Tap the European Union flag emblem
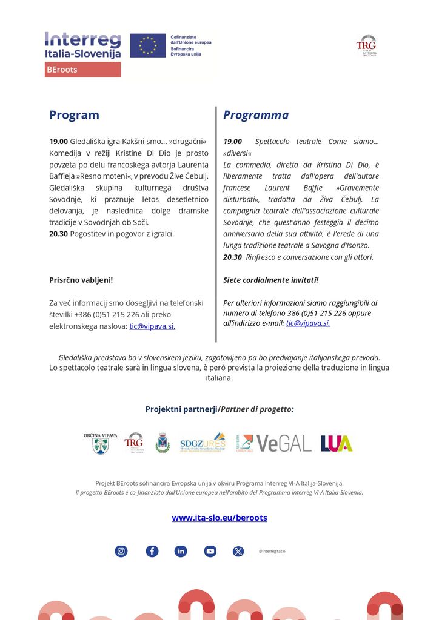coord(147,46)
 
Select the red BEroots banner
coord(82,70)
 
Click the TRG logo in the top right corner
coord(366,45)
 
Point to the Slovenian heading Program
coord(74,115)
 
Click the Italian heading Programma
coord(256,115)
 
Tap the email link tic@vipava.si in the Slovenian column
coord(152,326)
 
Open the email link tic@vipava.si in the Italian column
coord(308,323)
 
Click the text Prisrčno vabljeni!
coord(81,280)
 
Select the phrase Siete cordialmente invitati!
coord(270,280)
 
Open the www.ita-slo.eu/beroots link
coord(219,518)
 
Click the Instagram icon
coord(121,551)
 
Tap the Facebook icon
coord(152,551)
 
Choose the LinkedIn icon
coord(181,551)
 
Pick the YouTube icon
coord(210,551)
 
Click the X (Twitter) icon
coord(238,551)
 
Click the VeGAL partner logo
coord(283,443)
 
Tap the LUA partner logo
coord(337,443)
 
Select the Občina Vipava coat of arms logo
coord(101,444)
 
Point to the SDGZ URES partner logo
coord(203,443)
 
